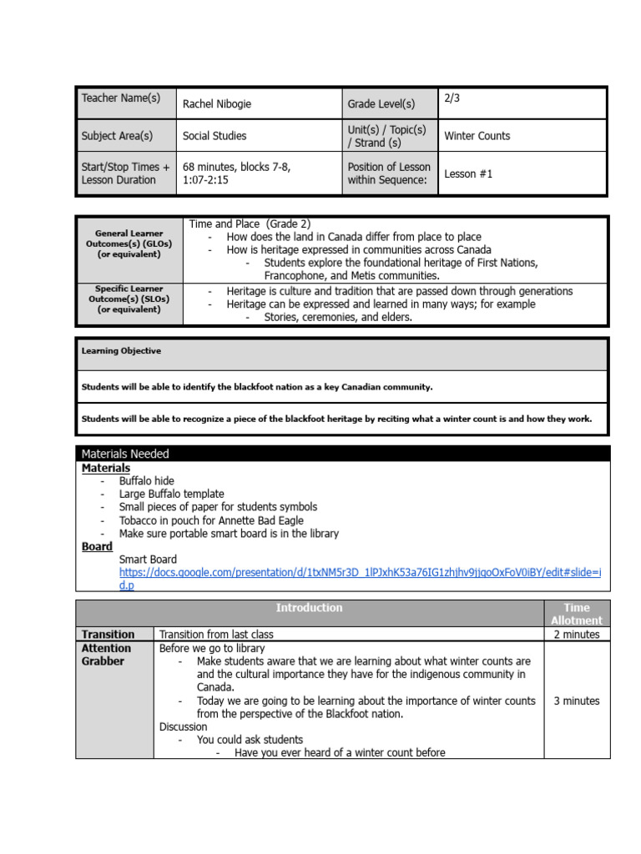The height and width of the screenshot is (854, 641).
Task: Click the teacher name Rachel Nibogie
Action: (x=216, y=104)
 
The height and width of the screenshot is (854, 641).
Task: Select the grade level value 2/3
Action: (x=452, y=98)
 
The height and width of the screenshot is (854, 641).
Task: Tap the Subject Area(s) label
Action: (x=117, y=136)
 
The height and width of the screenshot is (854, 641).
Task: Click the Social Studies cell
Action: (x=215, y=136)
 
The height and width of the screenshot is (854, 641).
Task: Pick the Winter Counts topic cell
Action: (x=477, y=136)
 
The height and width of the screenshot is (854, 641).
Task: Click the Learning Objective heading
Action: (x=121, y=351)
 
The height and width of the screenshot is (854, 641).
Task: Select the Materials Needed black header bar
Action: (x=342, y=454)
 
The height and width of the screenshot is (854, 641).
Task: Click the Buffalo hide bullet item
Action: (x=147, y=481)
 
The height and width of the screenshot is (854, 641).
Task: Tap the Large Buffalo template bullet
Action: (x=172, y=494)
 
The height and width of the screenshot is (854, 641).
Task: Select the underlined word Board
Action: (x=97, y=546)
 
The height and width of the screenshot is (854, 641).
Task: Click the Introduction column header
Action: (x=309, y=608)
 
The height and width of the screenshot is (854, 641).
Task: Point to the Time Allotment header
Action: (x=576, y=614)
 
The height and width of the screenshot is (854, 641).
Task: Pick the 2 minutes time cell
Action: (x=576, y=635)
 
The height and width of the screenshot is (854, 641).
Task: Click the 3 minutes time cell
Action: (x=576, y=701)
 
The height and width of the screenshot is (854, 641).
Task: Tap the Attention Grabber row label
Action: (x=106, y=655)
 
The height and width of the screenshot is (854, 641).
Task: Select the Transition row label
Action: (x=108, y=635)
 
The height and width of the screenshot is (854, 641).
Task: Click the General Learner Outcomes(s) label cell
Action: (x=129, y=244)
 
